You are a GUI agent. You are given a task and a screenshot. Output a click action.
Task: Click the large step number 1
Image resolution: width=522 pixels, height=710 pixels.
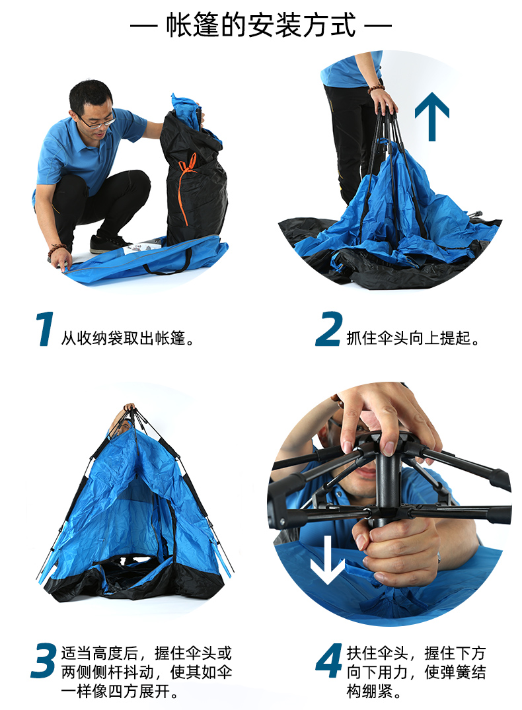pos(45,329)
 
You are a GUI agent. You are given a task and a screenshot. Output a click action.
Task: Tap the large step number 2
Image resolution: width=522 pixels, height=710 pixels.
pos(328,329)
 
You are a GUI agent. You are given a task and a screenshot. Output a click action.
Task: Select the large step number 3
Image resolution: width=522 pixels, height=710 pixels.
pos(44,660)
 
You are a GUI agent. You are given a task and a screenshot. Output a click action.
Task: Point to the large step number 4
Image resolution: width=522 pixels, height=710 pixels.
pos(329,660)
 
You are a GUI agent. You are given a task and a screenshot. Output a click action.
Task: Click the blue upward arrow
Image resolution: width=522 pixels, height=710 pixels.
pos(432,116)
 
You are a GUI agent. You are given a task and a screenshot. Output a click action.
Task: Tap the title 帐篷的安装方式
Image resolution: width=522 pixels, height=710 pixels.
pos(260,25)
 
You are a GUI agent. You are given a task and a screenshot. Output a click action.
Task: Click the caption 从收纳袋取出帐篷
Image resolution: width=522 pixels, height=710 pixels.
pos(127,337)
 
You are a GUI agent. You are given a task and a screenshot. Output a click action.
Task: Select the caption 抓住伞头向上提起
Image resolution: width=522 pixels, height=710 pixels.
pos(412,337)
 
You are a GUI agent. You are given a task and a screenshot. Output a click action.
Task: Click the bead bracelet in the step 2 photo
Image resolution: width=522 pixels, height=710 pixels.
pos(376,89)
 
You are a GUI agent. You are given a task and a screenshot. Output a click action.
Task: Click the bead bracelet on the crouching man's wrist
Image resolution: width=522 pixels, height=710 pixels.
pos(57,250)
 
